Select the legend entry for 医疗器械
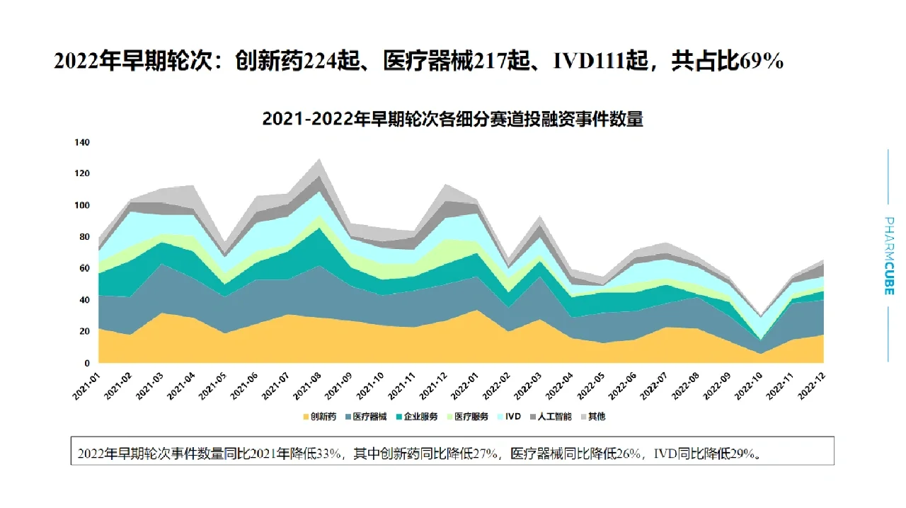click(x=367, y=417)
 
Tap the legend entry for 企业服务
click(x=417, y=417)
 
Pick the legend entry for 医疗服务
click(x=467, y=417)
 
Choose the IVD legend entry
click(x=509, y=417)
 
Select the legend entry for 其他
click(x=593, y=417)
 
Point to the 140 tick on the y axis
click(x=82, y=142)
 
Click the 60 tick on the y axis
click(x=84, y=268)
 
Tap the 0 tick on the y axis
click(x=87, y=363)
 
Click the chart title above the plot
click(x=452, y=119)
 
